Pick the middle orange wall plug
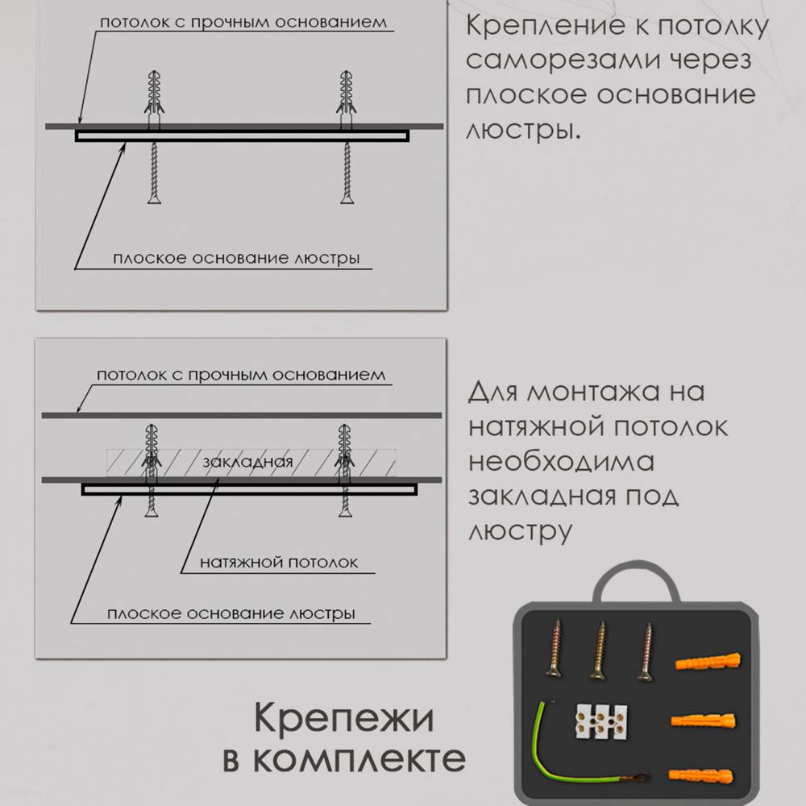tap(703, 719)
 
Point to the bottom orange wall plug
tap(701, 775)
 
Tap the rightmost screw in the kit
tap(645, 650)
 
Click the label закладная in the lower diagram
tap(247, 461)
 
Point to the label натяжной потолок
tap(279, 562)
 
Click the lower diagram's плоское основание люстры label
tap(231, 613)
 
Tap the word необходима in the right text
tap(560, 462)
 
